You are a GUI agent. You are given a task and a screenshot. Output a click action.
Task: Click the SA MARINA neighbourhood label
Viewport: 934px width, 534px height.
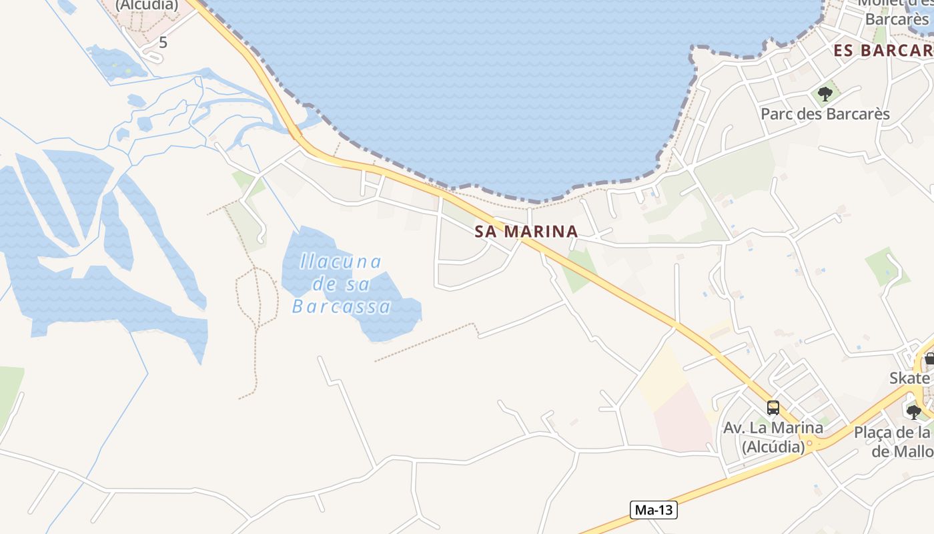click(526, 232)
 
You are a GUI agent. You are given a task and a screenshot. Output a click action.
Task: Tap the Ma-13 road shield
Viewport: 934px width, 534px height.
click(653, 510)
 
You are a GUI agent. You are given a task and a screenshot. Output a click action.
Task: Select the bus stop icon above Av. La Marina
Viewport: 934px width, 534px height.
click(773, 407)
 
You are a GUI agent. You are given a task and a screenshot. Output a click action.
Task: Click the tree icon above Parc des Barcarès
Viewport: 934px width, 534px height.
click(825, 93)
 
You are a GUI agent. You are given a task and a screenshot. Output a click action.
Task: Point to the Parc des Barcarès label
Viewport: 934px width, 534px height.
click(825, 114)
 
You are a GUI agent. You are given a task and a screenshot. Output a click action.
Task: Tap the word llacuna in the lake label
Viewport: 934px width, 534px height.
click(340, 261)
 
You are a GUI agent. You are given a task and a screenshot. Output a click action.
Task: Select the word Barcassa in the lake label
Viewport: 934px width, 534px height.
click(342, 307)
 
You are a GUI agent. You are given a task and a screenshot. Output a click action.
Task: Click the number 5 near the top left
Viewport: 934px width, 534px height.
click(163, 43)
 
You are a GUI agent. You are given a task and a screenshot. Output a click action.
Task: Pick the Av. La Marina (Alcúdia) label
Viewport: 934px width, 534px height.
click(773, 437)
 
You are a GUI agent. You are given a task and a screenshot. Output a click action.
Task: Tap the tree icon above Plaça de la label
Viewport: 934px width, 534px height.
click(914, 412)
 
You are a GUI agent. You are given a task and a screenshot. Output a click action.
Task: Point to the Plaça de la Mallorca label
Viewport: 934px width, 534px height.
click(894, 441)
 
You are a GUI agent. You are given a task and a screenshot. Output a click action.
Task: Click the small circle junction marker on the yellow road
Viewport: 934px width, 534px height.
click(809, 443)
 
